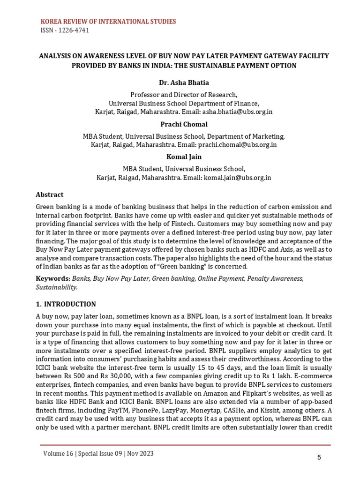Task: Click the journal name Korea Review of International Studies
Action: pos(109,22)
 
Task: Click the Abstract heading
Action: pos(50,195)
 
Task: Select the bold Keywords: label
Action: pos(53,278)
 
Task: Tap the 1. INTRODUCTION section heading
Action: pos(66,304)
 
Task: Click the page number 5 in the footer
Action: pos(319,458)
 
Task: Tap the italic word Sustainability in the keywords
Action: pos(56,287)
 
